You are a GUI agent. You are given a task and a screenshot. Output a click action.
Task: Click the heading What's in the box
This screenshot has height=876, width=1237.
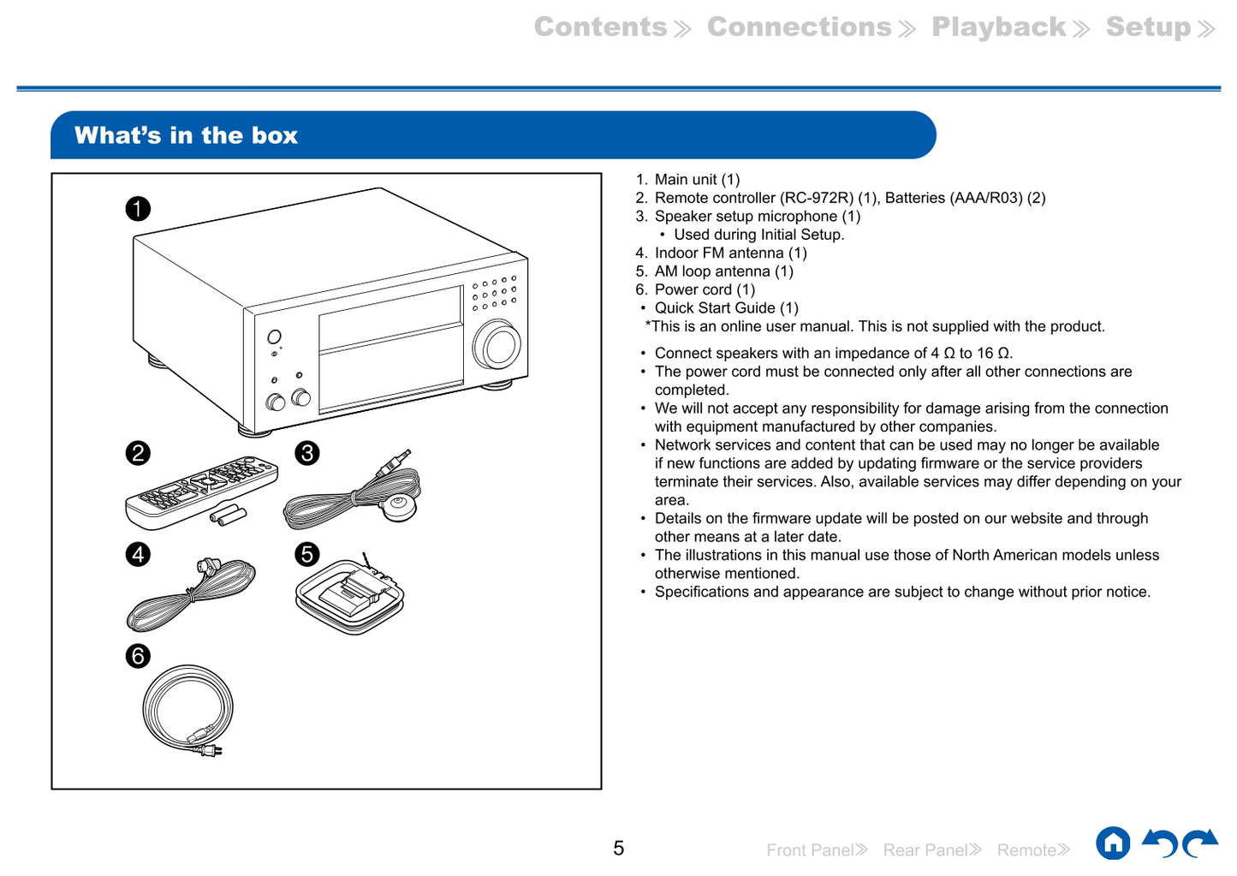pyautogui.click(x=186, y=135)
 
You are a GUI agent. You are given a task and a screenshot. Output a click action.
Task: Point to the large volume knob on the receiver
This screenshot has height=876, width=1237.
pyautogui.click(x=498, y=346)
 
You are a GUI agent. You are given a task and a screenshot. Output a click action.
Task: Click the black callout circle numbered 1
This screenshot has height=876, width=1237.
pyautogui.click(x=138, y=209)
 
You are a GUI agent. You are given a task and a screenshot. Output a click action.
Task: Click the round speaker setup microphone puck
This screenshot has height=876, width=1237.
pyautogui.click(x=398, y=507)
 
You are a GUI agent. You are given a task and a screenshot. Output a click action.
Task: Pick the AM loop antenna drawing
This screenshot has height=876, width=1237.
pyautogui.click(x=349, y=595)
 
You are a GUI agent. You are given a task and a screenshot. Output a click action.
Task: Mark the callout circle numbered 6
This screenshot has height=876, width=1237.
pyautogui.click(x=138, y=656)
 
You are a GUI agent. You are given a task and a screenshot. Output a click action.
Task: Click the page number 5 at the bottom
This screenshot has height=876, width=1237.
pyautogui.click(x=618, y=849)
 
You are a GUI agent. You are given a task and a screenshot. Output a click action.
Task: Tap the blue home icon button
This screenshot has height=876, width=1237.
pyautogui.click(x=1113, y=843)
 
